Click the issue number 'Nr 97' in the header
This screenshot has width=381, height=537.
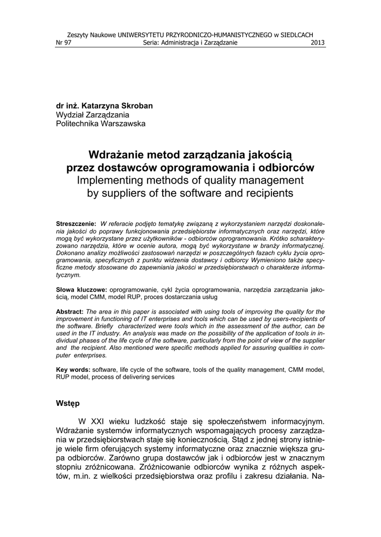[x=63, y=43]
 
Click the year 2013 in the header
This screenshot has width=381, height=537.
[x=318, y=43]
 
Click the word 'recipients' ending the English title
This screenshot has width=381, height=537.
[x=268, y=193]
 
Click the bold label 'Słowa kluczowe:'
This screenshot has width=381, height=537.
[x=81, y=289]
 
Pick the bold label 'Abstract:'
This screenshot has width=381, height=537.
[x=69, y=312]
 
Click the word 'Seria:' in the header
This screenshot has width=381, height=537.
[x=152, y=43]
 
